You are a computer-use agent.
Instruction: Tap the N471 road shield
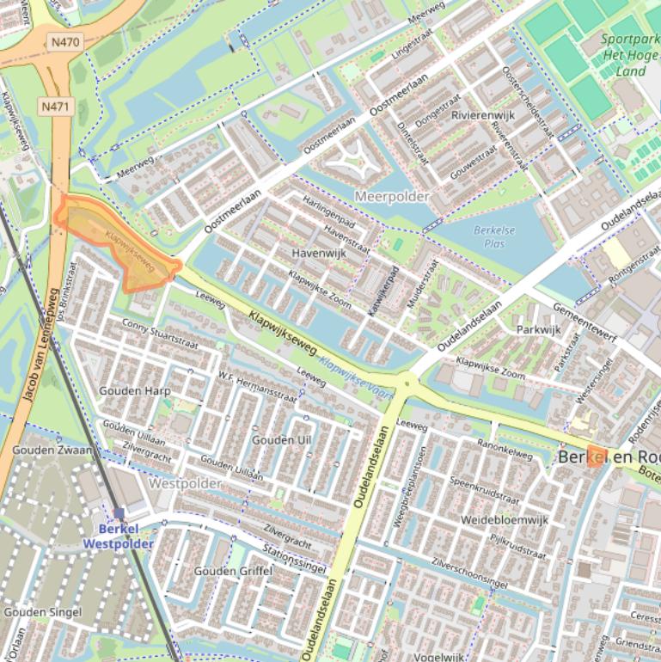(56, 107)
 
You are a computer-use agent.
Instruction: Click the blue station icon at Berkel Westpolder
(119, 513)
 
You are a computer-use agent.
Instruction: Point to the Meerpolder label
(391, 197)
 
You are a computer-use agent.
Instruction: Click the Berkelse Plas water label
(489, 236)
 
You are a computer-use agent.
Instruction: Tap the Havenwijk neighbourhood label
(318, 254)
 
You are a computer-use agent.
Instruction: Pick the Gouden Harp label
(134, 391)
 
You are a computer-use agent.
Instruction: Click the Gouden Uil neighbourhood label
(281, 440)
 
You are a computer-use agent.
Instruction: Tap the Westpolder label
(185, 484)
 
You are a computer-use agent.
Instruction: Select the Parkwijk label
(538, 330)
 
